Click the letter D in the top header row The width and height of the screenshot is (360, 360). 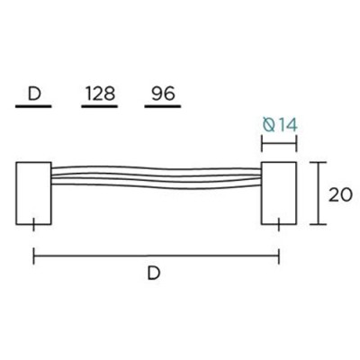pyautogui.click(x=34, y=93)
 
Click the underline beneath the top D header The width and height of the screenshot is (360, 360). pyautogui.click(x=34, y=107)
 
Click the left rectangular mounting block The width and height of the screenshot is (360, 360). pyautogui.click(x=34, y=192)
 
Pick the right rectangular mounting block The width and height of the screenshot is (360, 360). pyautogui.click(x=278, y=192)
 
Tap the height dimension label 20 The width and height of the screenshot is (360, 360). pyautogui.click(x=338, y=193)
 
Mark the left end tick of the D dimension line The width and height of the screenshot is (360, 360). pyautogui.click(x=34, y=257)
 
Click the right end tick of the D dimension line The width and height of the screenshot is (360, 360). pyautogui.click(x=278, y=257)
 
